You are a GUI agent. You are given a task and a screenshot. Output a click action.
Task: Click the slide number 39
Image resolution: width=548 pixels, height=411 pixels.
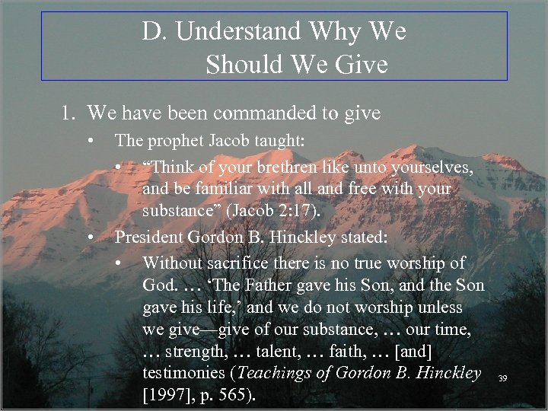502,378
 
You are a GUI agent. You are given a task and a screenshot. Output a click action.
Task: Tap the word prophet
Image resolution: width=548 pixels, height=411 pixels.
167,140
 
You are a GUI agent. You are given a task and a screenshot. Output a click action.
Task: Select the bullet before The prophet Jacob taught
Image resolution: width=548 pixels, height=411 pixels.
91,140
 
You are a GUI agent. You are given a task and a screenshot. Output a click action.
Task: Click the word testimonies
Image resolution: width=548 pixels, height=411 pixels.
185,374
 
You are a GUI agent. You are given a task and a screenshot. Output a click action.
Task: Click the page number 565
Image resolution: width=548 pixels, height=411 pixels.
237,397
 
